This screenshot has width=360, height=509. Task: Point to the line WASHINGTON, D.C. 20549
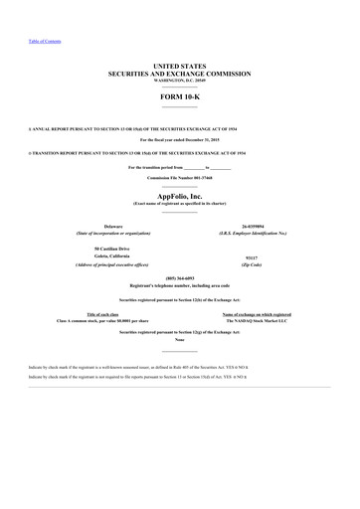click(180, 81)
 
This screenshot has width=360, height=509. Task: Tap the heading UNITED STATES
click(180, 65)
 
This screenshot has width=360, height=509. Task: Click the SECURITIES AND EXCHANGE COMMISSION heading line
click(180, 73)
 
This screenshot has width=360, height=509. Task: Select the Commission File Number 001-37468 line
click(180, 177)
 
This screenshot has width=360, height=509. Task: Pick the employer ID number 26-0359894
click(257, 227)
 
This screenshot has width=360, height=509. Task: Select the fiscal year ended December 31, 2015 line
click(180, 141)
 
